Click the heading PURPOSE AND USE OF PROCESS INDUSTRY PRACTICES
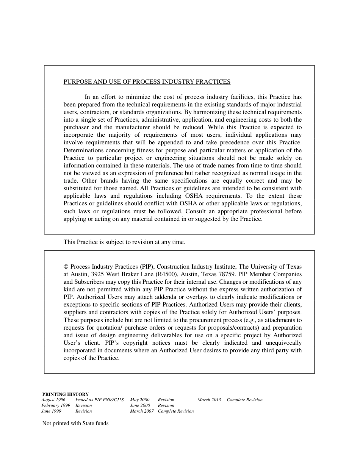147,81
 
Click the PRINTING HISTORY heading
65,394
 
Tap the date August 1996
53,400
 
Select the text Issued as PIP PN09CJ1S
100,400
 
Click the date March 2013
209,400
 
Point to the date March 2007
142,411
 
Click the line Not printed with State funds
75,423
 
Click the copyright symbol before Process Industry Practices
66,267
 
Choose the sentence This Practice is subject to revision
124,242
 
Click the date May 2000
140,400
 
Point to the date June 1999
51,411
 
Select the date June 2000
140,405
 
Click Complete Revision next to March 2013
244,400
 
